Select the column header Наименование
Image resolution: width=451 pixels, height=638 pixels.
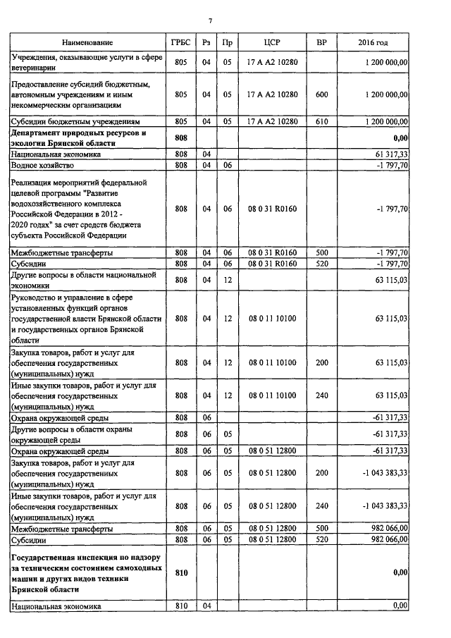click(87, 44)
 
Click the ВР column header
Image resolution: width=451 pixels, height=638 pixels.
click(321, 44)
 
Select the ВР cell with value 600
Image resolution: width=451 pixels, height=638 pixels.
click(321, 94)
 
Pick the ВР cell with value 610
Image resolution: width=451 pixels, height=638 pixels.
click(321, 121)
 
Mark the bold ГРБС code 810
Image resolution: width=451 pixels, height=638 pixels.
click(180, 572)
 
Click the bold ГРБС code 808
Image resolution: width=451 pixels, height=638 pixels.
click(180, 137)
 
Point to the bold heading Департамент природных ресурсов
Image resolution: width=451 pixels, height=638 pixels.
click(78, 137)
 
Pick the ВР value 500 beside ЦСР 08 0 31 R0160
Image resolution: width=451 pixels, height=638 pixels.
click(321, 252)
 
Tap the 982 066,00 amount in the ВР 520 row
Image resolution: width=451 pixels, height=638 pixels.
click(385, 539)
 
